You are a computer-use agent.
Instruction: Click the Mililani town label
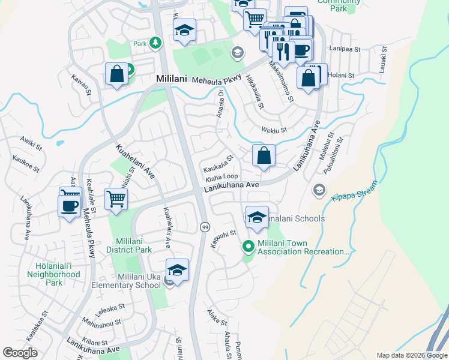172,79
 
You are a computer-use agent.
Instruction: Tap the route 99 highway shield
205,226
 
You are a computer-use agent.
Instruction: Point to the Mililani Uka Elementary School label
131,281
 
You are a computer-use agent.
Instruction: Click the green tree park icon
155,43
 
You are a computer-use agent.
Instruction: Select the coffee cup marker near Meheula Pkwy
70,205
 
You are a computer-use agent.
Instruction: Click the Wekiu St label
274,130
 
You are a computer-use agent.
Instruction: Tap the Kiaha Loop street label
221,178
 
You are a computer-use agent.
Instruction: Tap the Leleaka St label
109,308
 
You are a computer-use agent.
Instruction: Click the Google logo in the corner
20,353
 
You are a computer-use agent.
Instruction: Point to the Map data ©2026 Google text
412,355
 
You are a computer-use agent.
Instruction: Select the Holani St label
342,75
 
